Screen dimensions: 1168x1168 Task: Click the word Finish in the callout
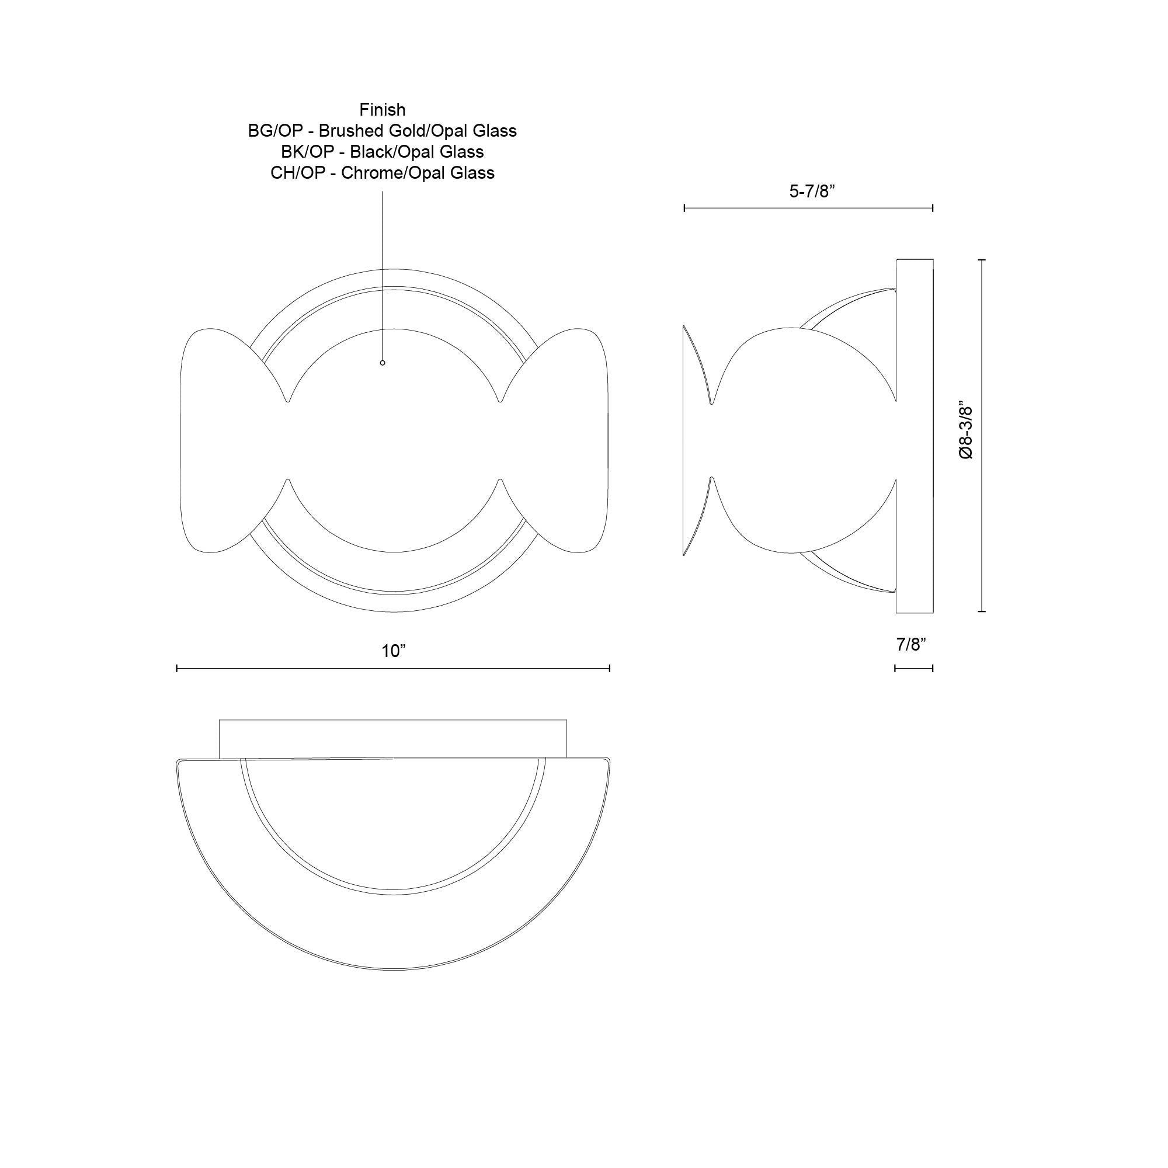pos(382,109)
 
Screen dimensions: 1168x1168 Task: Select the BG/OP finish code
pos(274,131)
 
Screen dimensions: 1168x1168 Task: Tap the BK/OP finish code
pos(307,152)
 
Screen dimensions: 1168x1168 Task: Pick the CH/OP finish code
pos(296,173)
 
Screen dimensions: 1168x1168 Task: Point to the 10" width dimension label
pos(393,651)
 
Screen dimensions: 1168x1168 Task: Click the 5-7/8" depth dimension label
pos(812,192)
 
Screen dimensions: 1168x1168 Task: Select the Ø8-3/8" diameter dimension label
pos(966,432)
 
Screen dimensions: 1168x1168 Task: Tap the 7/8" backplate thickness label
pos(911,645)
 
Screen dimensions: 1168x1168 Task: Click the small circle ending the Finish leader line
pos(382,363)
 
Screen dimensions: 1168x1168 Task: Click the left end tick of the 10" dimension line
pos(176,668)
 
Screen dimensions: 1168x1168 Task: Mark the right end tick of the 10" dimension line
pos(609,668)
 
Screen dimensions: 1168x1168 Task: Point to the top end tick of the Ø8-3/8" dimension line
pos(982,260)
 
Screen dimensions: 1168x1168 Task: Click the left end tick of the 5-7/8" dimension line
pos(684,208)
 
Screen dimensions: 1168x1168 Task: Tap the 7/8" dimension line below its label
pos(913,668)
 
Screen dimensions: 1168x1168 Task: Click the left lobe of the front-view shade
pos(224,440)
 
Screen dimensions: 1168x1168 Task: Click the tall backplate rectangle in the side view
pos(914,435)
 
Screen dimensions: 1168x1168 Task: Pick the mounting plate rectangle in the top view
pos(393,738)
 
